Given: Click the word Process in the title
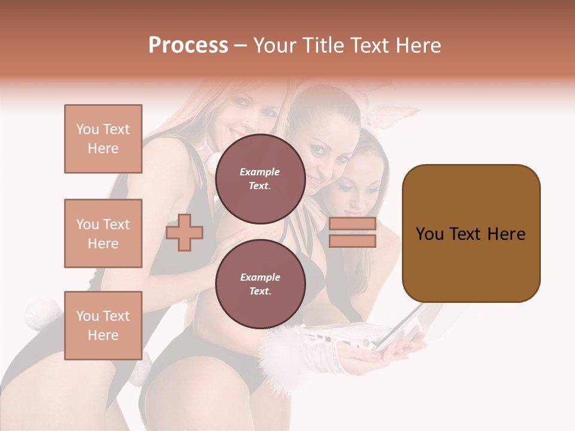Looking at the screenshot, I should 188,45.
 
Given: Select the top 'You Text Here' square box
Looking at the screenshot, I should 103,139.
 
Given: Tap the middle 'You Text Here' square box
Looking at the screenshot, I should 103,233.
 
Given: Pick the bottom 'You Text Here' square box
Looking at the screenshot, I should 103,325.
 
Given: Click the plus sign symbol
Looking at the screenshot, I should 184,232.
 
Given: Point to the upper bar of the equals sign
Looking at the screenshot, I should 352,224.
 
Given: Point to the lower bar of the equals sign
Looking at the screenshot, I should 352,241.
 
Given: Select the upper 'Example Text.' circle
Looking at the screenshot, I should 260,178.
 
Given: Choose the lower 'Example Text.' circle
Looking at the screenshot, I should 260,284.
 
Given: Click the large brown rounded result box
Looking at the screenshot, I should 471,233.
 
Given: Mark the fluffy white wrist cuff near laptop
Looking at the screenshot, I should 282,353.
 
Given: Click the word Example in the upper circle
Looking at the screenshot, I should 260,172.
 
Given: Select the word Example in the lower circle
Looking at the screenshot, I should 260,277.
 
